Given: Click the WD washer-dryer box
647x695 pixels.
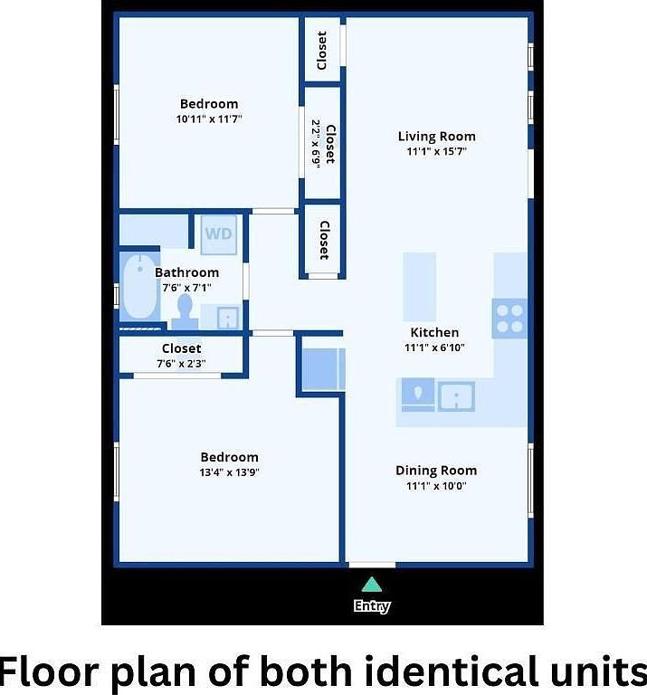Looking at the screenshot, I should [218, 234].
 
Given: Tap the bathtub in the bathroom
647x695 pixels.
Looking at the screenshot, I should [138, 287].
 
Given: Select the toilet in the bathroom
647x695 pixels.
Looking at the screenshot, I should [186, 310].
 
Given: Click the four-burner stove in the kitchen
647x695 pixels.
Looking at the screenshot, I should [509, 318].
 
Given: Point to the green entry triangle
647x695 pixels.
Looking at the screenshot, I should [371, 585].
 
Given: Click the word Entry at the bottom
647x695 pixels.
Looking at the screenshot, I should [371, 606].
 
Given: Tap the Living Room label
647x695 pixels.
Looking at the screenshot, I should [436, 137].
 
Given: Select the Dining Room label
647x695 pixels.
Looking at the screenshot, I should [435, 471].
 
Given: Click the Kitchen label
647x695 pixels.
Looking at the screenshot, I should [434, 332].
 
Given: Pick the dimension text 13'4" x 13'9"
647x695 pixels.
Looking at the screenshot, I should [229, 472].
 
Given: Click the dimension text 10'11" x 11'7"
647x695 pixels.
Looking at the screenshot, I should [209, 119].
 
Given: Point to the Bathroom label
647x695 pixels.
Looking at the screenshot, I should [186, 272].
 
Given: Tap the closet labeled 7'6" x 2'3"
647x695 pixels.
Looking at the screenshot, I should [181, 356].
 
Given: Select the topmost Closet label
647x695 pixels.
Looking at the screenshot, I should [322, 50].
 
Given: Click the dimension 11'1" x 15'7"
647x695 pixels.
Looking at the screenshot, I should [436, 152].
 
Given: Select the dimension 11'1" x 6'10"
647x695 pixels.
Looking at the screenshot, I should [434, 347].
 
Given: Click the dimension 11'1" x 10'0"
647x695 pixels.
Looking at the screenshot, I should [435, 486].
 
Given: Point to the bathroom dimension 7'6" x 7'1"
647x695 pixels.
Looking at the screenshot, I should [186, 287].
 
